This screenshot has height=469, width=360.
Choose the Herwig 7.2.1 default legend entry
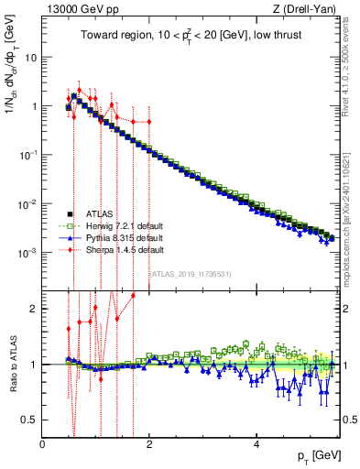[121, 224]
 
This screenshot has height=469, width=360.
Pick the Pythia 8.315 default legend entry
[120, 236]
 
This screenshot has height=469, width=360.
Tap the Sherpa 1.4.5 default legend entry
[120, 248]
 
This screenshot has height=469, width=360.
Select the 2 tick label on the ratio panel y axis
[34, 309]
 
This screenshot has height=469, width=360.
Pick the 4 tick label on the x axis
[256, 443]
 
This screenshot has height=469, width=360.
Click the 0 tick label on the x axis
[43, 443]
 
